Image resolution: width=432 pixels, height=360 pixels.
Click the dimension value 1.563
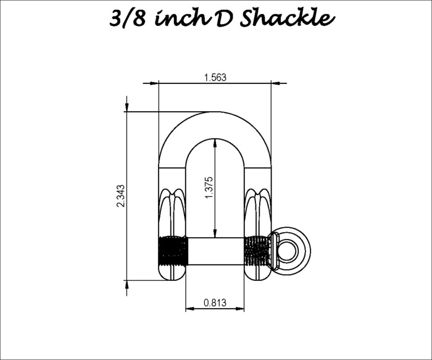click(x=215, y=77)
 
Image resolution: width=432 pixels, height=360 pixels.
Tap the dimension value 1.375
click(x=209, y=187)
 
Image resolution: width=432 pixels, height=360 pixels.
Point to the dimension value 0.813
click(x=215, y=303)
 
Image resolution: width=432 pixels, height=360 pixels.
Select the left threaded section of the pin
click(x=173, y=251)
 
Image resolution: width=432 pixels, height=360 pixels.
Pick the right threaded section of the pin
click(x=257, y=251)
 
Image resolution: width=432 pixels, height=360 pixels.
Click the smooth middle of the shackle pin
click(x=215, y=251)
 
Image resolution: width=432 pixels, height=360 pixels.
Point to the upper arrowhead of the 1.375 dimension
click(x=215, y=143)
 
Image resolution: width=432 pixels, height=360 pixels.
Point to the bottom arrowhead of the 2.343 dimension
click(x=127, y=285)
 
